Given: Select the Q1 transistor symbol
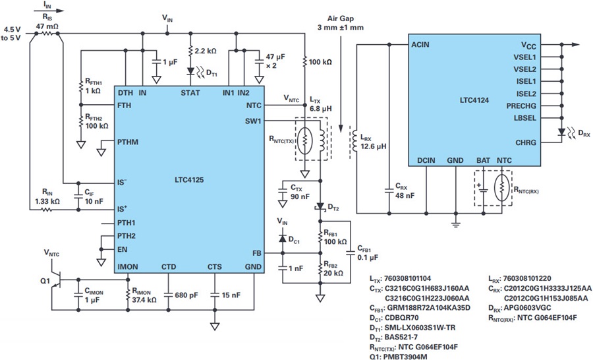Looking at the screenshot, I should coord(55,280).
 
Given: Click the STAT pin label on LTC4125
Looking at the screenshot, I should coord(190,93).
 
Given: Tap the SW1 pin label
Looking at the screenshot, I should coord(252,121).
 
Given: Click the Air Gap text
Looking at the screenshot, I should coord(343,19).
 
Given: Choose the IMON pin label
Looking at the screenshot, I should coord(128,266).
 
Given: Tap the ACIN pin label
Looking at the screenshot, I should coord(420,45).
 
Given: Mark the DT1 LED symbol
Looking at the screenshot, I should coord(190,69).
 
